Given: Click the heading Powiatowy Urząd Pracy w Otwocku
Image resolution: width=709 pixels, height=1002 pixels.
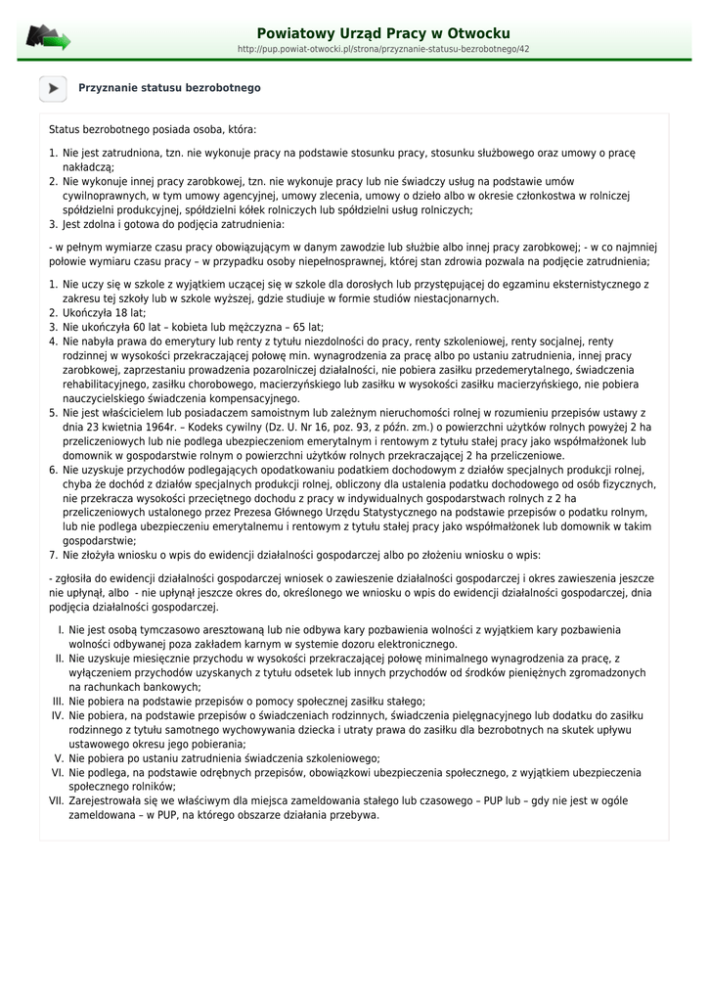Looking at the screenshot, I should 382,33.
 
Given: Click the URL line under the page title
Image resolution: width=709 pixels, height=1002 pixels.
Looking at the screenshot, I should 382,49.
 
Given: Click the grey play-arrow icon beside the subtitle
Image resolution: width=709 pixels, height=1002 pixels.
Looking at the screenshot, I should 53,88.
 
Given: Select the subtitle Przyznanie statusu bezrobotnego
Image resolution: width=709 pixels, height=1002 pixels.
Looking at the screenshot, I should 169,88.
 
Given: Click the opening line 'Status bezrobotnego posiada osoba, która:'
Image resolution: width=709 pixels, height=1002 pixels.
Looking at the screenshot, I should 153,129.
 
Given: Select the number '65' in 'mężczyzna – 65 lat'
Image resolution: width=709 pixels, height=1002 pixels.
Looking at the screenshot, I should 289,327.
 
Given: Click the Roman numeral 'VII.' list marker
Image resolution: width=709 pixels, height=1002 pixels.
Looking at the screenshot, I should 56,800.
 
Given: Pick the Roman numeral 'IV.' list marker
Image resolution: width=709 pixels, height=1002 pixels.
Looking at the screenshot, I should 57,715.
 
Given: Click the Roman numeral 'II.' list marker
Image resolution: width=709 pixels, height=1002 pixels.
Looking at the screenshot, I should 59,659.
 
